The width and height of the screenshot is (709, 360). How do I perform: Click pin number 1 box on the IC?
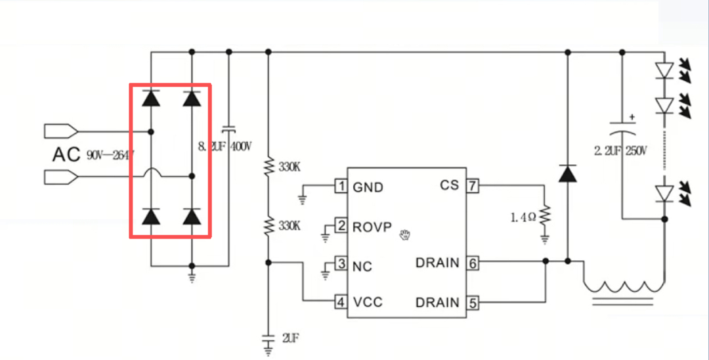coord(341,187)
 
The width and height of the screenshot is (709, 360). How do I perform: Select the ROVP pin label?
coord(372,227)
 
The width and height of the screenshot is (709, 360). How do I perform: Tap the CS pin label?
coord(449,185)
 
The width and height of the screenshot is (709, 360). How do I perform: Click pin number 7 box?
coord(473,186)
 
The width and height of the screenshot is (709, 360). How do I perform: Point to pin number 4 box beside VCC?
coord(341,302)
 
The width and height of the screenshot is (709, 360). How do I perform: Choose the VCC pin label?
coord(368,302)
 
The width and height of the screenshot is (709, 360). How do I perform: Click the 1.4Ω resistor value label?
coord(523,217)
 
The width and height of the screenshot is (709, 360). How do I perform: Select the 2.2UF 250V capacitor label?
coord(620,151)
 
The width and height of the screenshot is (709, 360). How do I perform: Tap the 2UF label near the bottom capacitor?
coord(291,338)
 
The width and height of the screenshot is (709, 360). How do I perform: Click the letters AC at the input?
coord(66,155)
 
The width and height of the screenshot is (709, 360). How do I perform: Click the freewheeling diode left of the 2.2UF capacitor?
coord(568,173)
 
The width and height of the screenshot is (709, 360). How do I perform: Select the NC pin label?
coord(362,266)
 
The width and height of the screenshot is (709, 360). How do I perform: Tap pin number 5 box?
coord(473,303)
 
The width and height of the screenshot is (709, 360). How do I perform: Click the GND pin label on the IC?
coord(368,187)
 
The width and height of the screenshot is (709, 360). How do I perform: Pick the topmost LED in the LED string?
coord(665,69)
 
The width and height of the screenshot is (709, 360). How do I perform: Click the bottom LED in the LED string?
coord(665,192)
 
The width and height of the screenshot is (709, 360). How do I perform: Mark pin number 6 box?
coord(473,263)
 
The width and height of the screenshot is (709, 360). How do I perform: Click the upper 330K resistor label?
coord(290,167)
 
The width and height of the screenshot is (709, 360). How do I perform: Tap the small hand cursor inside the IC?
coord(405,233)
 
